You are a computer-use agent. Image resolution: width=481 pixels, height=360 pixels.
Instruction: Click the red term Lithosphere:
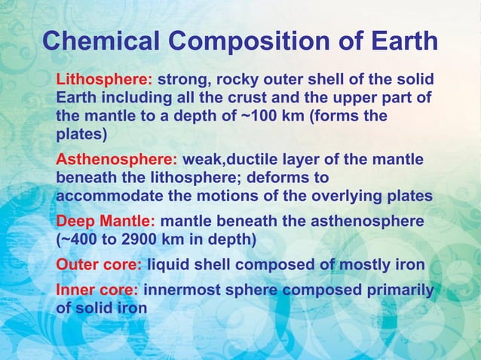tap(105, 79)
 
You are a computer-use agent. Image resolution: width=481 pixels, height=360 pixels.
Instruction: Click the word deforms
tap(265, 178)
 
